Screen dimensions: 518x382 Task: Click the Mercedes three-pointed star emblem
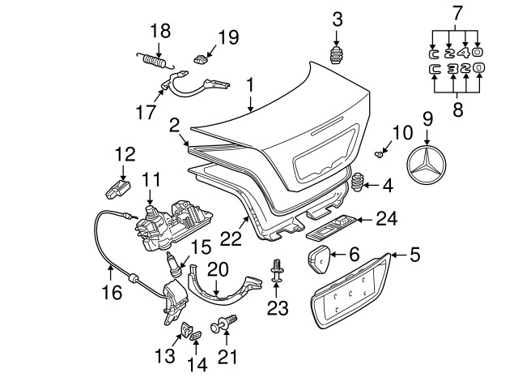(x=427, y=165)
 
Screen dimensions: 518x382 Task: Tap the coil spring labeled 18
(x=154, y=62)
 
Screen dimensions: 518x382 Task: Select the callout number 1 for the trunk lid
(x=251, y=85)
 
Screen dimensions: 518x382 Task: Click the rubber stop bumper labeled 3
(x=337, y=56)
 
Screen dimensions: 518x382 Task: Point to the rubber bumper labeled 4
(x=357, y=182)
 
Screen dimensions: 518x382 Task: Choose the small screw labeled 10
(x=379, y=153)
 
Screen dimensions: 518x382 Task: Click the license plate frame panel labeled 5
(x=351, y=290)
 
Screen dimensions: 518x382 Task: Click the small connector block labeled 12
(x=117, y=190)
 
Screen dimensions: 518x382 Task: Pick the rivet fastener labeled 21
(x=224, y=324)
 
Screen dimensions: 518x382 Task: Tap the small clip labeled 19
(x=200, y=59)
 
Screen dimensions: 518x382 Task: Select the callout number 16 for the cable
(x=112, y=293)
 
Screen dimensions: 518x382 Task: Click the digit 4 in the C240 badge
(x=466, y=52)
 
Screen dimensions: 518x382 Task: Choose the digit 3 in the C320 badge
(x=454, y=68)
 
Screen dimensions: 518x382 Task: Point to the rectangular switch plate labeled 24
(x=331, y=227)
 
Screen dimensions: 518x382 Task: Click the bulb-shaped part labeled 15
(x=175, y=264)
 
